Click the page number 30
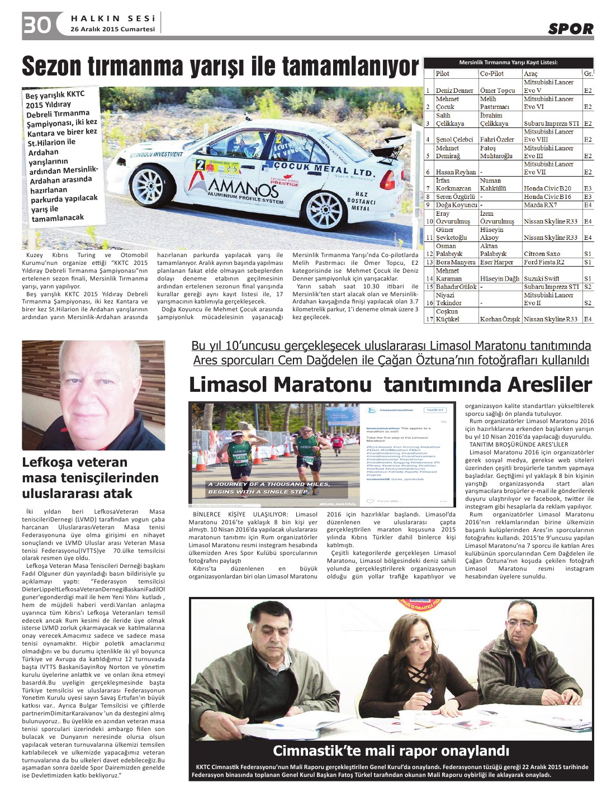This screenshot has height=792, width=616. [x=37, y=25]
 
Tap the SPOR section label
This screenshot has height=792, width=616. [x=570, y=29]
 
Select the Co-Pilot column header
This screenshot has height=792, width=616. [x=492, y=73]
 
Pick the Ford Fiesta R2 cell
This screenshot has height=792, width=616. [x=544, y=262]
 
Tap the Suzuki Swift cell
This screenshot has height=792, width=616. [x=541, y=278]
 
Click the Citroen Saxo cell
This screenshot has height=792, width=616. [x=542, y=254]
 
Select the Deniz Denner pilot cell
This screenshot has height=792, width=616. [x=454, y=91]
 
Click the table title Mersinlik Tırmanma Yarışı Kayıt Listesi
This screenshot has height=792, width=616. [x=508, y=63]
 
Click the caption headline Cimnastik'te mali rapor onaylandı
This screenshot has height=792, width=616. [x=391, y=751]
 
